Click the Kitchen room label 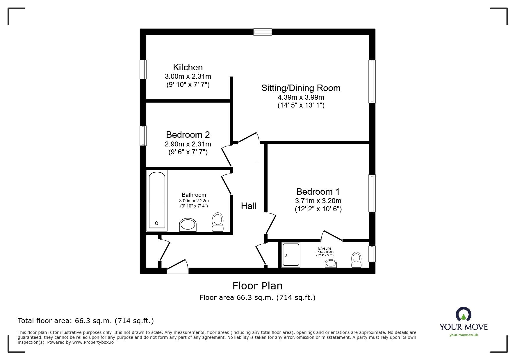[x=188, y=67]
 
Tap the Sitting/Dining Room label [x=301, y=88]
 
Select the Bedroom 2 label [x=188, y=135]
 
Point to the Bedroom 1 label [x=318, y=192]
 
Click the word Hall [x=249, y=206]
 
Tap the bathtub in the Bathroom [x=157, y=200]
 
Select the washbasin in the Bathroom [x=188, y=225]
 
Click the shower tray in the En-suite [x=291, y=255]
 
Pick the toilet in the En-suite [x=356, y=259]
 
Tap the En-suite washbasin [x=331, y=264]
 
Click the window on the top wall [x=262, y=32]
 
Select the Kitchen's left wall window [x=143, y=69]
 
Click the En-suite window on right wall [x=372, y=254]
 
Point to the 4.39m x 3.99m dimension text [x=301, y=97]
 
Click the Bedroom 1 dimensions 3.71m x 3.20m [x=318, y=201]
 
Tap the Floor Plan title [x=257, y=286]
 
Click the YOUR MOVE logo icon [x=463, y=315]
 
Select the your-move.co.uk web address [x=464, y=335]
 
